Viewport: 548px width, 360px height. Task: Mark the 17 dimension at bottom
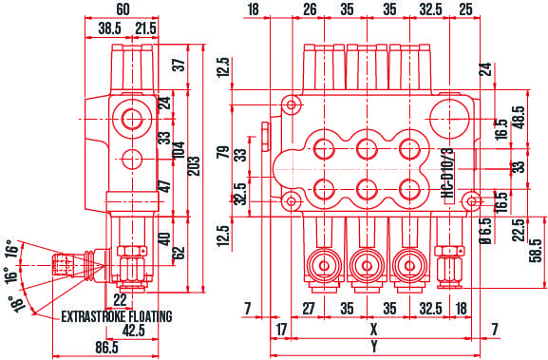[x=281, y=331]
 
